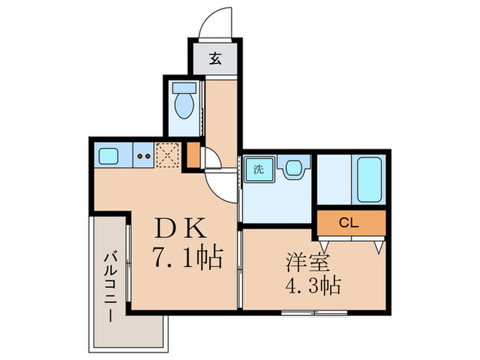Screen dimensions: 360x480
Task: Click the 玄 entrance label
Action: click(215, 60)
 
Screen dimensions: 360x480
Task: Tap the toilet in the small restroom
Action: click(184, 107)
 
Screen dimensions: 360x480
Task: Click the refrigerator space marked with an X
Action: click(167, 156)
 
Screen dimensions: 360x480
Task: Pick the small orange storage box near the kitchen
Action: click(194, 156)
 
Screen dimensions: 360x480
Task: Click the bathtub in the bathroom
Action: click(368, 179)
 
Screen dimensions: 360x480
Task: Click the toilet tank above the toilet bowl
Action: click(184, 88)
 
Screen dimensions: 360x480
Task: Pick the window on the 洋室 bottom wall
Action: click(314, 313)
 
